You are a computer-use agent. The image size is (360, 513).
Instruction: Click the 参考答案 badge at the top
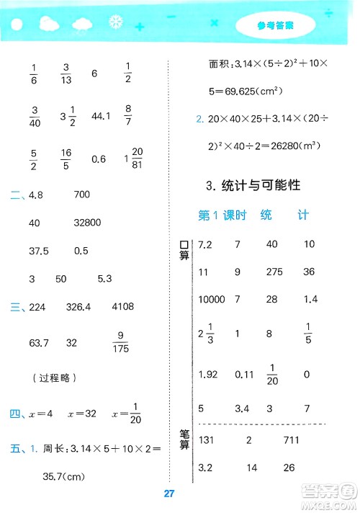275,27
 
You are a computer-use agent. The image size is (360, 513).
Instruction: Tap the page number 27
171,494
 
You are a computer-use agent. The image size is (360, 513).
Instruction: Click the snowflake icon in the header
113,22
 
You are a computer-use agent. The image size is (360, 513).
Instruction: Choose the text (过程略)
55,377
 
